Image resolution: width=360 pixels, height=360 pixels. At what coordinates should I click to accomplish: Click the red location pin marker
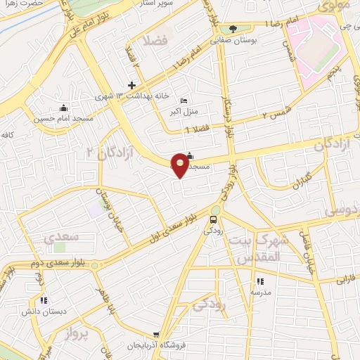click(x=181, y=165)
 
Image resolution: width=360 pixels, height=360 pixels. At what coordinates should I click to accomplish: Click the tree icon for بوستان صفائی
click(x=233, y=29)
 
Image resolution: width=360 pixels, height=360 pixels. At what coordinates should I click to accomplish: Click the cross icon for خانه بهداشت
click(x=131, y=84)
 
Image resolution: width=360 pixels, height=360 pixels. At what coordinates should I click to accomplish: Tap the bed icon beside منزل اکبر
click(x=184, y=101)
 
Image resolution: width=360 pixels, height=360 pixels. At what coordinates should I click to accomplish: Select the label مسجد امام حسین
click(x=55, y=118)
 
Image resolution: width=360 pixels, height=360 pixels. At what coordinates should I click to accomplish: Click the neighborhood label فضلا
click(x=155, y=39)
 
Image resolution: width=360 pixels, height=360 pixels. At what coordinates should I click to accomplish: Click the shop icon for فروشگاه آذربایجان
click(x=156, y=335)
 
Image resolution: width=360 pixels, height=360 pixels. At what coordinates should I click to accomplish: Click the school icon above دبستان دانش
click(x=44, y=300)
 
